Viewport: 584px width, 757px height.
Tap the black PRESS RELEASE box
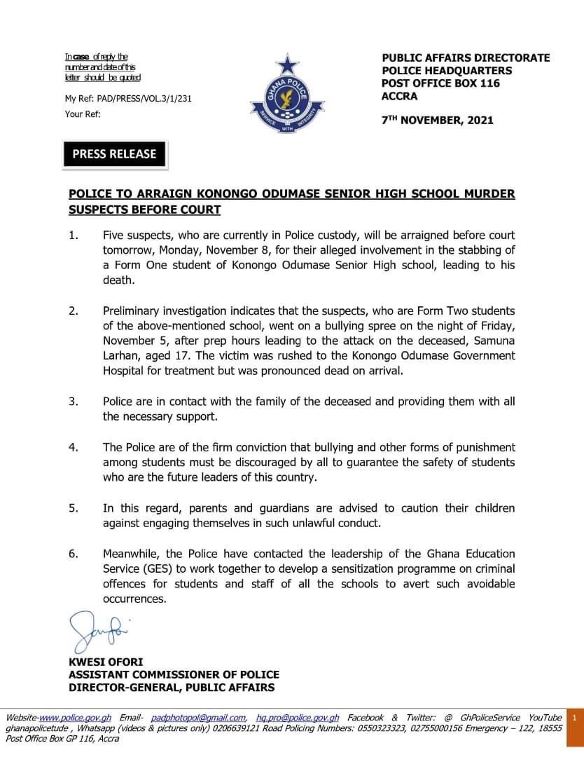point(115,154)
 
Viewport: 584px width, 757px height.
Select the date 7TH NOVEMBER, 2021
point(437,120)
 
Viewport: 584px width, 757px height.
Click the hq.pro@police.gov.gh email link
point(298,718)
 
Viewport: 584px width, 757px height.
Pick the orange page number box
point(573,718)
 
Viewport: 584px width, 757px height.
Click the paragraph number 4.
point(73,447)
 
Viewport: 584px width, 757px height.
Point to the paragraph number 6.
point(73,554)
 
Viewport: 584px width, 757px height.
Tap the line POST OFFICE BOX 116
point(440,83)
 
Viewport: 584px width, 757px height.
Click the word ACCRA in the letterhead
point(399,96)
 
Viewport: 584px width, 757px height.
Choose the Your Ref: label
point(83,113)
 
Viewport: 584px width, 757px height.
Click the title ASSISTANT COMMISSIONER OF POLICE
point(174,674)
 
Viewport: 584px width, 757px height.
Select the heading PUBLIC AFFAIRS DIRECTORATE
point(466,58)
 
